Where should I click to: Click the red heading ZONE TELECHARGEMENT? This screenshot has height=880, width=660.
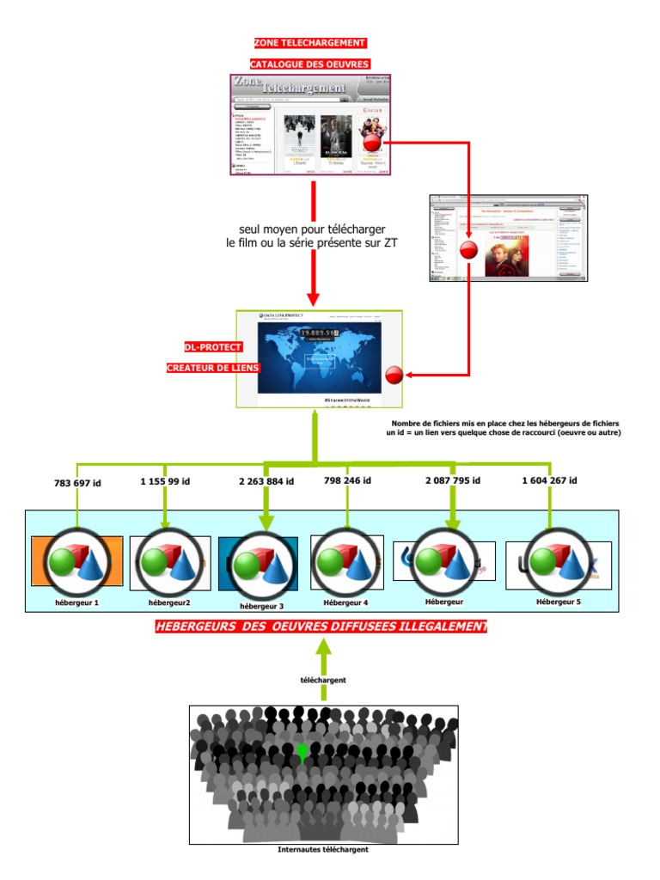tap(309, 43)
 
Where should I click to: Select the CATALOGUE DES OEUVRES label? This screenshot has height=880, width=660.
tap(309, 64)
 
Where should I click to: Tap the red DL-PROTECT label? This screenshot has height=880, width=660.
tap(213, 347)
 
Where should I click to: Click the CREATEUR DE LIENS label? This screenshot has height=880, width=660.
tap(213, 368)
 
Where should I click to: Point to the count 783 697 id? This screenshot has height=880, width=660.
tap(77, 483)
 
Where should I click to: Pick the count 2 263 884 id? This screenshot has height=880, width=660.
tap(266, 481)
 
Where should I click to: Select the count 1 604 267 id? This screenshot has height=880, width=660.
tap(550, 480)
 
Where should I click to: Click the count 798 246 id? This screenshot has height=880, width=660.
tap(347, 480)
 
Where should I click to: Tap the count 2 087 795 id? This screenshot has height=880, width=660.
tap(452, 480)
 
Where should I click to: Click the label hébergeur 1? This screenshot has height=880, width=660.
tap(77, 603)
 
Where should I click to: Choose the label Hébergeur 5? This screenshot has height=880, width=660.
tap(559, 602)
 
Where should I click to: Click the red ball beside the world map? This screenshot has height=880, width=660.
tap(394, 375)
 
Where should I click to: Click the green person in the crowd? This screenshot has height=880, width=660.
tap(302, 751)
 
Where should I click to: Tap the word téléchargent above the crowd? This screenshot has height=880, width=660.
tap(323, 680)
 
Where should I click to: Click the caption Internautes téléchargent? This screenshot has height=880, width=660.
tap(323, 850)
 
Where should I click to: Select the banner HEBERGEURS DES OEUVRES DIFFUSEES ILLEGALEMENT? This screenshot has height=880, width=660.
tap(321, 627)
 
